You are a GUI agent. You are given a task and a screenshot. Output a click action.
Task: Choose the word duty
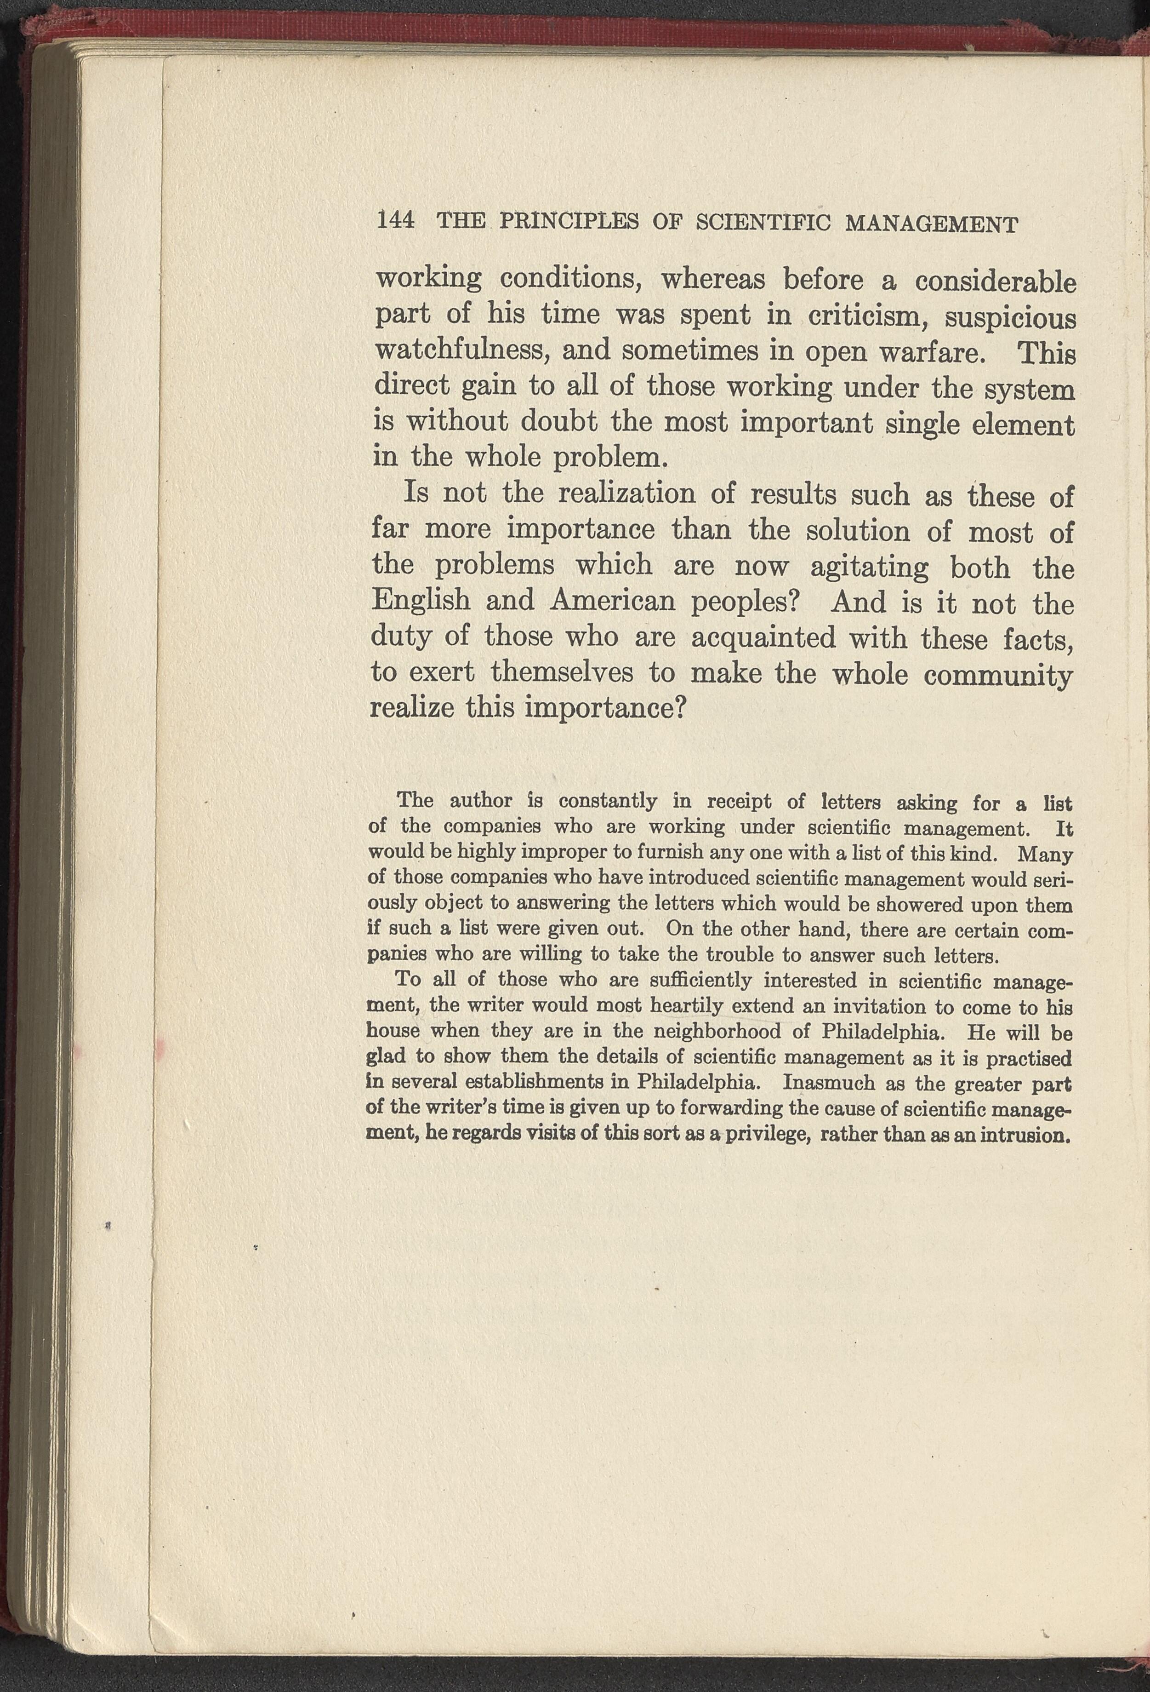pyautogui.click(x=399, y=637)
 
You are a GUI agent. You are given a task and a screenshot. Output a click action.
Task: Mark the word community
pyautogui.click(x=997, y=677)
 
